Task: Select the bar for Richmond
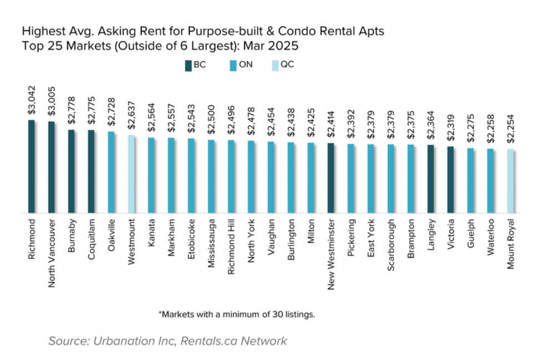tap(32, 166)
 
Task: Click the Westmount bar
tap(131, 174)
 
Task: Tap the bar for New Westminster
tap(331, 178)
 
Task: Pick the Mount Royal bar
tap(510, 181)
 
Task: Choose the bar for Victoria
tap(450, 179)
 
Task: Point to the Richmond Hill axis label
tap(231, 245)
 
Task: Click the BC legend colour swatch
tap(188, 65)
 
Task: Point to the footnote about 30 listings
tap(237, 314)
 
